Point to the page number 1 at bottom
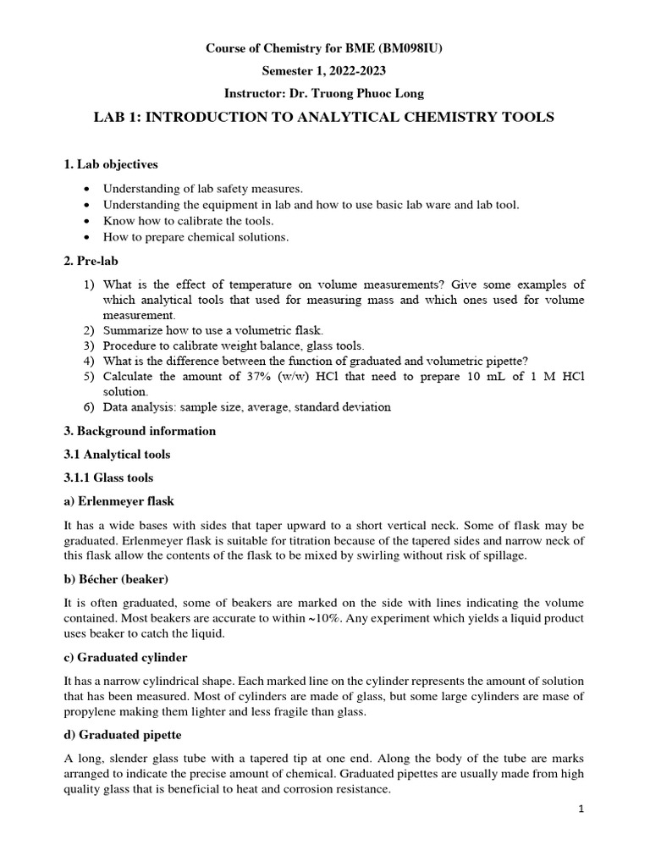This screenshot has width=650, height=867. [581, 809]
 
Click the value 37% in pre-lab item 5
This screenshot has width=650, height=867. [226, 376]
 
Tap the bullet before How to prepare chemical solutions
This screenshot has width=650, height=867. [90, 237]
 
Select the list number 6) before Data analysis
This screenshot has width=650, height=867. [89, 407]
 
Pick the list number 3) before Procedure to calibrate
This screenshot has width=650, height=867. [89, 345]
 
